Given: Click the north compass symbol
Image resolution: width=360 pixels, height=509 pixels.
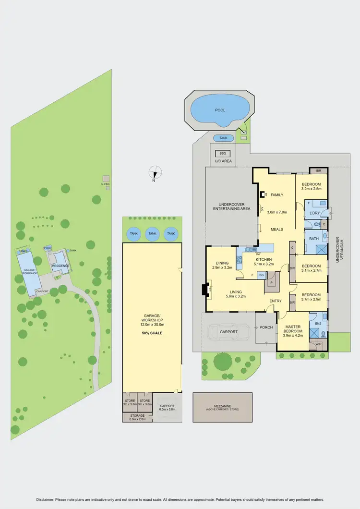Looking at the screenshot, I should tap(155, 172).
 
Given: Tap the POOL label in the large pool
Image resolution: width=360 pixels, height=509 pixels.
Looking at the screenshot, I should tap(220, 110).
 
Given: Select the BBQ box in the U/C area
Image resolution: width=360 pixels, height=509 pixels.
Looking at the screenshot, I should tap(222, 154).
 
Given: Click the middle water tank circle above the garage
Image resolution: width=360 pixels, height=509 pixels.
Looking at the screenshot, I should tap(152, 234).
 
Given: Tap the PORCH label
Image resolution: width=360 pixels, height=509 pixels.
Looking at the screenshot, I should tap(266, 327).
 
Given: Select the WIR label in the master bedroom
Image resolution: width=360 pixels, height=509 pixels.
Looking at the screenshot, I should tap(318, 344).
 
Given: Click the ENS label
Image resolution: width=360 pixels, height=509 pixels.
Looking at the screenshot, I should tap(317, 324).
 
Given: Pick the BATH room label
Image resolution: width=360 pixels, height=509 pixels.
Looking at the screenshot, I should tap(314, 239).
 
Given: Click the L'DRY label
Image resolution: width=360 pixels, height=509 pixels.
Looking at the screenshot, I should tap(314, 213).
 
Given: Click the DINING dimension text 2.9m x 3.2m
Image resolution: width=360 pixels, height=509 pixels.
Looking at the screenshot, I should tap(222, 268).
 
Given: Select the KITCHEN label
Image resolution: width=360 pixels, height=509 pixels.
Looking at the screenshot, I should tap(264, 260).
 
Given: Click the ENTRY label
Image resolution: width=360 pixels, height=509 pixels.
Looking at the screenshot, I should tap(276, 301).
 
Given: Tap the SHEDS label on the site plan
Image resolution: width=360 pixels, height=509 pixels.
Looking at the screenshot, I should tap(105, 184).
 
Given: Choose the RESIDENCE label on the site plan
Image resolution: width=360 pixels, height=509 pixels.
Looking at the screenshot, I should tap(60, 266).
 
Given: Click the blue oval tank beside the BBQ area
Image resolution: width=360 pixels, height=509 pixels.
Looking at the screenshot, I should tap(223, 138).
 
